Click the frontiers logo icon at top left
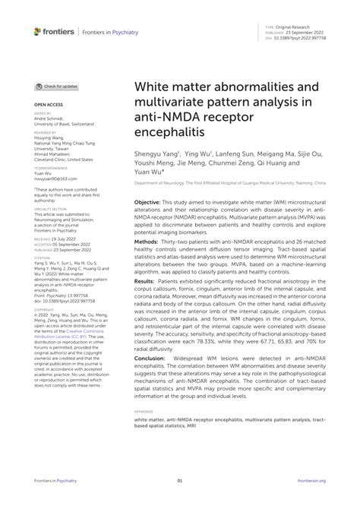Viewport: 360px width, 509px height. [x=37, y=30]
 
